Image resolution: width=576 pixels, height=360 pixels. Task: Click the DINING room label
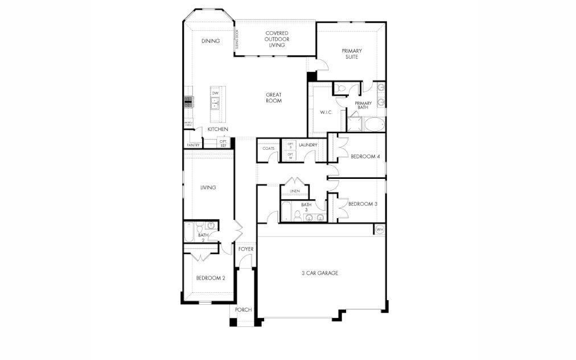click(211, 41)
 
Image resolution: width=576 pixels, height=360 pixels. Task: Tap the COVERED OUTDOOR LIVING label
click(277, 39)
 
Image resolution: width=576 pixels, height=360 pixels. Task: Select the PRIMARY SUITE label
click(352, 54)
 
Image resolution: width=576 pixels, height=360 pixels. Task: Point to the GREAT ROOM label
click(274, 98)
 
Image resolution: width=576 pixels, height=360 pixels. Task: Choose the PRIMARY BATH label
click(364, 105)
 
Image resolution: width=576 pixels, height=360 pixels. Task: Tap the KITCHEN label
click(217, 129)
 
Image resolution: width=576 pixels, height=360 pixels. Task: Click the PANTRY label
click(193, 146)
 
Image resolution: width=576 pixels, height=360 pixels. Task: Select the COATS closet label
click(269, 149)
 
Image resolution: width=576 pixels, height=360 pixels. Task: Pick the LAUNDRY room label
click(308, 145)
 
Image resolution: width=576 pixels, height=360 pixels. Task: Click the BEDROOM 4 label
click(365, 156)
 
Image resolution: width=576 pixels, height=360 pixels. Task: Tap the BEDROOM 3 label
click(363, 204)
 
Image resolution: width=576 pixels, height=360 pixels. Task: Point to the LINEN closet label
click(295, 191)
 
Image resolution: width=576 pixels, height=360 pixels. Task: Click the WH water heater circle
click(380, 229)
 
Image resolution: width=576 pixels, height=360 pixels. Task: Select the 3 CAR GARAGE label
click(320, 273)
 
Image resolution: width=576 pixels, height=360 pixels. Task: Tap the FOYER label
click(246, 249)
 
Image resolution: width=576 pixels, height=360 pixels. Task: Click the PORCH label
click(243, 310)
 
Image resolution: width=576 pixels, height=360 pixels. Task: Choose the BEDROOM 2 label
click(211, 278)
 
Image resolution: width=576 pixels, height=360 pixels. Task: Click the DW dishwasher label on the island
click(215, 93)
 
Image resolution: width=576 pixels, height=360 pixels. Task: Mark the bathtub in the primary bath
click(374, 124)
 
